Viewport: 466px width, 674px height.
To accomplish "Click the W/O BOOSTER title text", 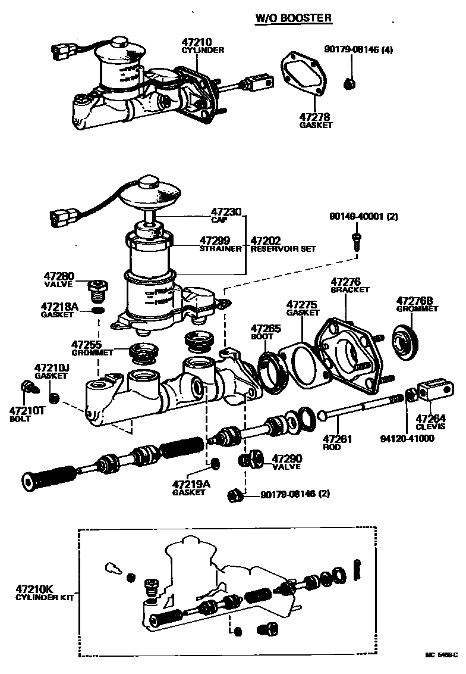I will (294, 18).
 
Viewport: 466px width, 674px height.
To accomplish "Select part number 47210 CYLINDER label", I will (202, 46).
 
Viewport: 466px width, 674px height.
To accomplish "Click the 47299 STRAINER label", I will (220, 244).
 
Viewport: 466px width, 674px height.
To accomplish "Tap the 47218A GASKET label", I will (59, 310).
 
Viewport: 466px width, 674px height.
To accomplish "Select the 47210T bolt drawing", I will (27, 387).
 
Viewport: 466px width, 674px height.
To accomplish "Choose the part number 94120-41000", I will (407, 439).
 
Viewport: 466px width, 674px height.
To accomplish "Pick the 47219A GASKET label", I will (191, 488).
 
